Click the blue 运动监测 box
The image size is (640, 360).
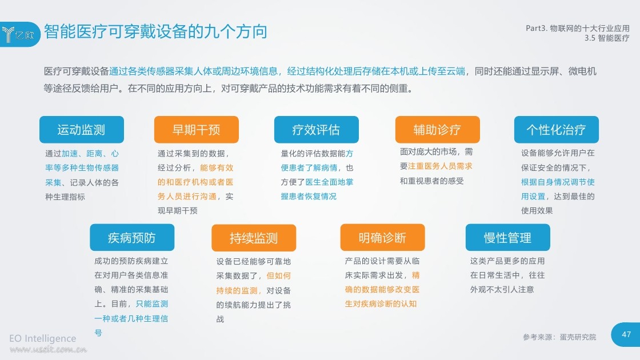(82, 129)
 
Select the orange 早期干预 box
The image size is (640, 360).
(197, 129)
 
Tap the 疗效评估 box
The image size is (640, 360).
(317, 129)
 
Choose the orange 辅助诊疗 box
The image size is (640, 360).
(438, 129)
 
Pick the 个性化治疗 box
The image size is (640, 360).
(557, 129)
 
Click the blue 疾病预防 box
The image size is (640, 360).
(132, 237)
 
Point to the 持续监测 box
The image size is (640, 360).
(254, 238)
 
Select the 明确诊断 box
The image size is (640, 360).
(382, 237)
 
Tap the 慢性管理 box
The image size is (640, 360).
(508, 237)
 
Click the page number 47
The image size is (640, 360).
(626, 334)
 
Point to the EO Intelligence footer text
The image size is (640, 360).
(42, 338)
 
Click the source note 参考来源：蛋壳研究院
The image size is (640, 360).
(559, 337)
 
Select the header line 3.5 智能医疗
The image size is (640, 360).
(607, 38)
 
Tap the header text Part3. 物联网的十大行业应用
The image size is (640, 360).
(578, 28)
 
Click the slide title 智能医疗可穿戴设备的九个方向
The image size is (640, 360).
(155, 31)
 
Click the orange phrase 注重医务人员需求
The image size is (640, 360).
(440, 166)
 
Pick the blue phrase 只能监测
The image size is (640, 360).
(152, 303)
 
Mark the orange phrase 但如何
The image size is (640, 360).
(279, 276)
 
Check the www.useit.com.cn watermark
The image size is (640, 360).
(48, 349)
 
